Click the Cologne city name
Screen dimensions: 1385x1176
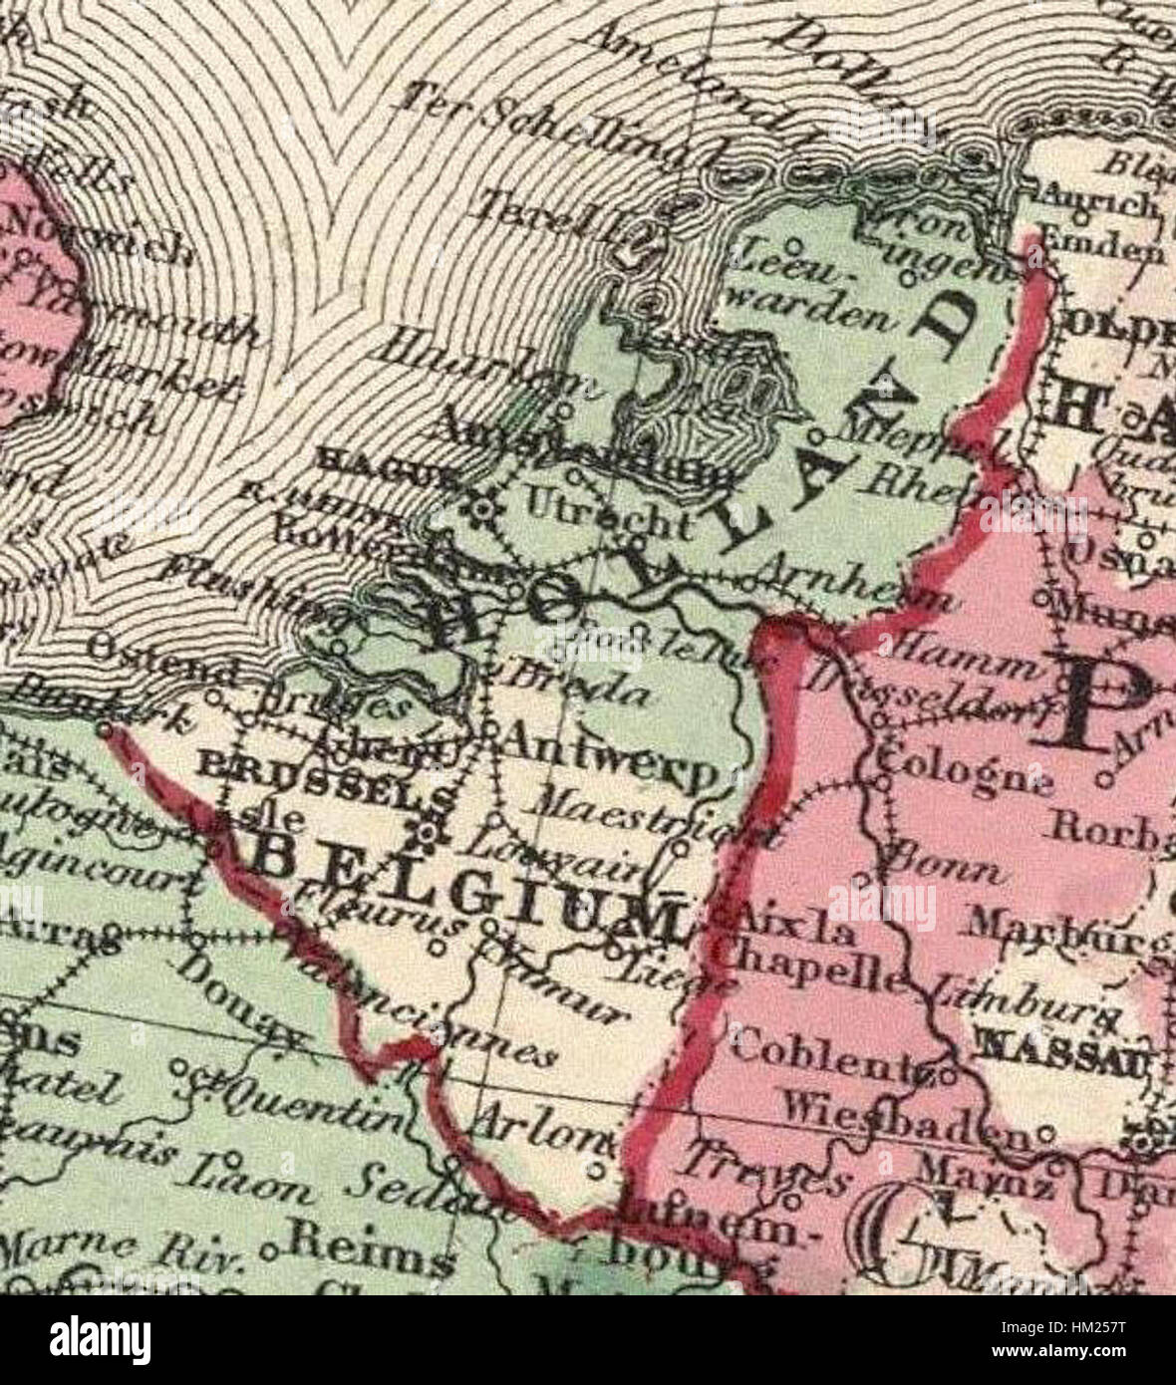click(x=962, y=770)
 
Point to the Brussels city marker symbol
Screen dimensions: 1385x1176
click(x=430, y=830)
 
